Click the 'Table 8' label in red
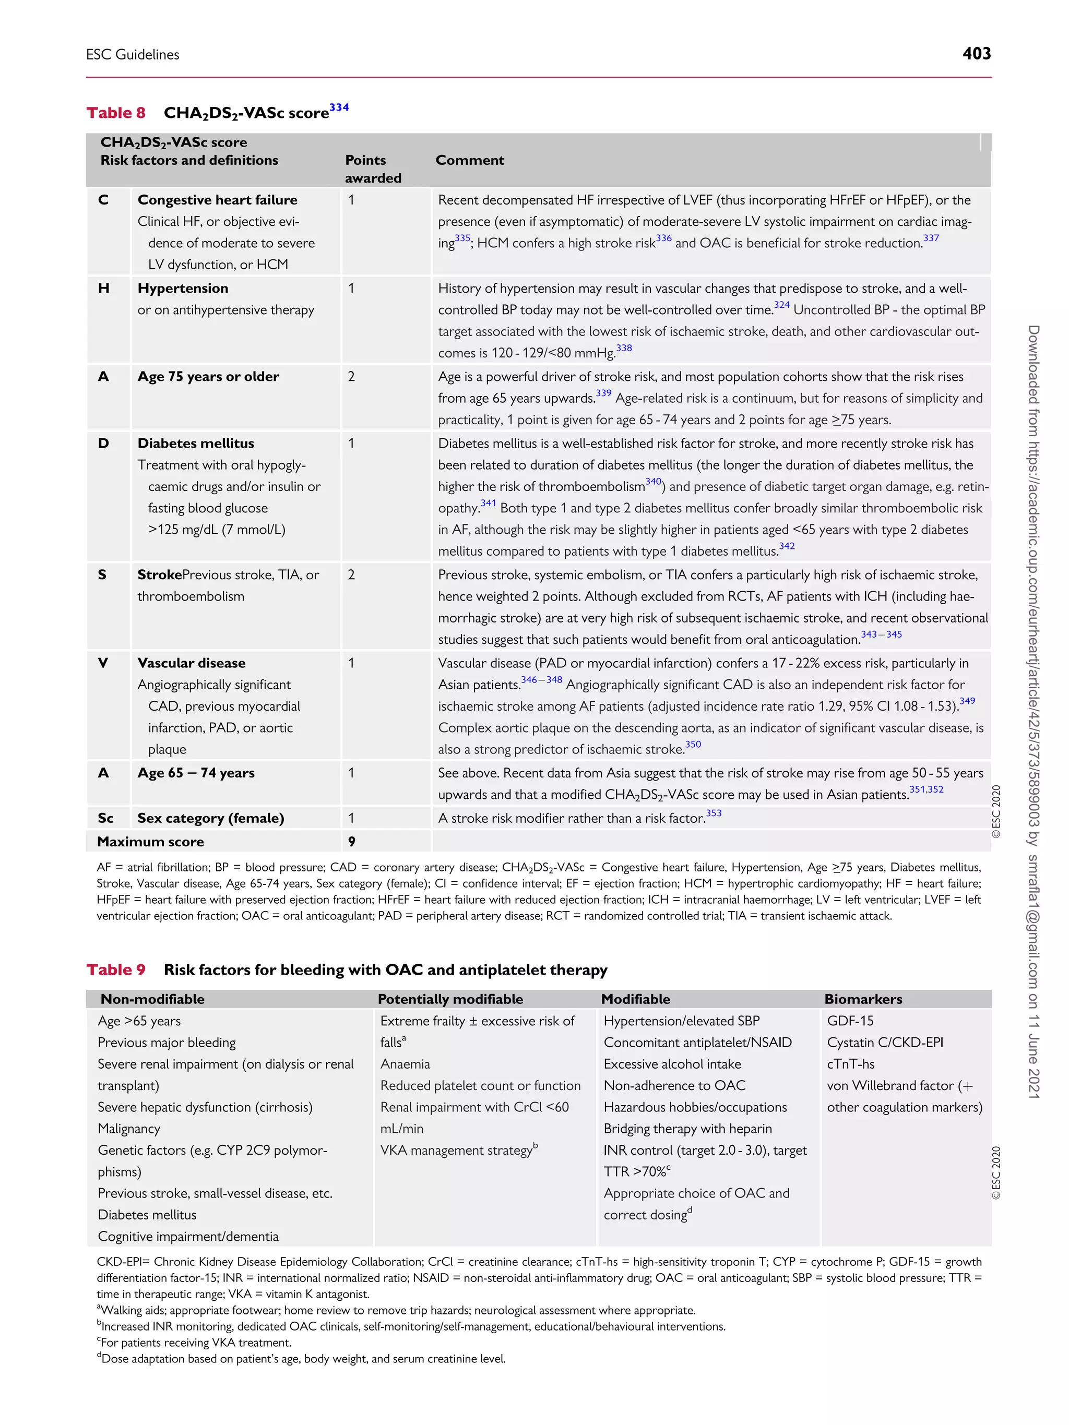pyautogui.click(x=116, y=113)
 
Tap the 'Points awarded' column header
pyautogui.click(x=373, y=169)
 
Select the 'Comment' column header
pyautogui.click(x=469, y=160)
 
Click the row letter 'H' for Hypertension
pyautogui.click(x=104, y=288)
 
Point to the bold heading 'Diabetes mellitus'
pyautogui.click(x=195, y=443)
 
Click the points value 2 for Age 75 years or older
pyautogui.click(x=351, y=376)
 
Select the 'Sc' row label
pyautogui.click(x=105, y=818)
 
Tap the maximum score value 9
pyautogui.click(x=351, y=841)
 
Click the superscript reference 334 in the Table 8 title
pyautogui.click(x=339, y=107)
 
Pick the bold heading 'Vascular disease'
pyautogui.click(x=192, y=663)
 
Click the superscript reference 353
pyautogui.click(x=714, y=813)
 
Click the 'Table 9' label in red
pyautogui.click(x=116, y=969)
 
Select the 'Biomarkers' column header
pyautogui.click(x=863, y=999)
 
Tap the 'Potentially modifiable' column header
pyautogui.click(x=450, y=999)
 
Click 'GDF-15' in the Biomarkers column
pyautogui.click(x=850, y=1021)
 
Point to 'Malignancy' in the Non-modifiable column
pyautogui.click(x=129, y=1129)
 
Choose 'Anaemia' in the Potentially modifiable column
pyautogui.click(x=405, y=1064)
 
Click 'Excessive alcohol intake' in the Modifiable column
pyautogui.click(x=672, y=1064)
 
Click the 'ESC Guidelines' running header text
pyautogui.click(x=133, y=55)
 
